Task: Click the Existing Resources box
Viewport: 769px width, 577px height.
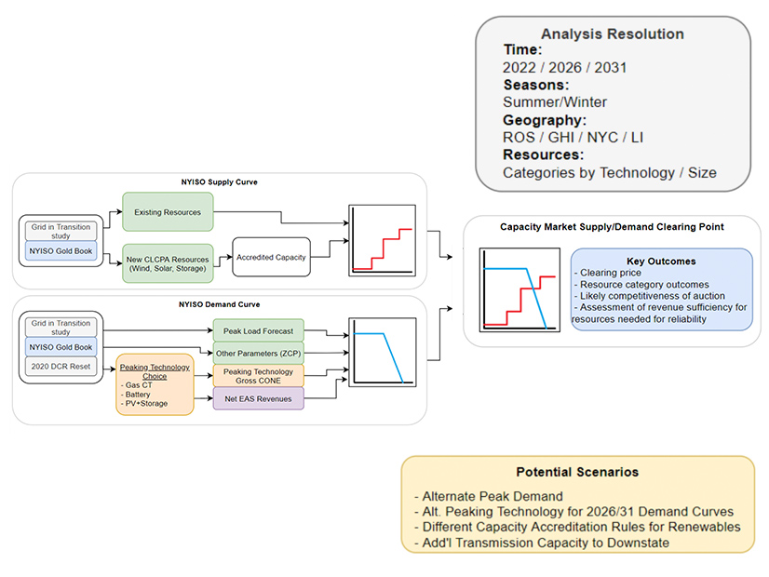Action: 168,212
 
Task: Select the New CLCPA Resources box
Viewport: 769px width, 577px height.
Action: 168,262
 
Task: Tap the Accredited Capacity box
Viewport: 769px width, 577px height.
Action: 271,257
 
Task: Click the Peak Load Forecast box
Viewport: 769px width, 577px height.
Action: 258,331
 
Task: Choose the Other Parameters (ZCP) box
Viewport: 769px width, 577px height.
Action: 258,355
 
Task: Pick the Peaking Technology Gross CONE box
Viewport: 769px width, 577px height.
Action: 258,375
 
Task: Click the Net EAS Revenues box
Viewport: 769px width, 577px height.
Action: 258,400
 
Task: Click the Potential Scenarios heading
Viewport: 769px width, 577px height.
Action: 577,472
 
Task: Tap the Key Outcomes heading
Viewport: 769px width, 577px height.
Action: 662,262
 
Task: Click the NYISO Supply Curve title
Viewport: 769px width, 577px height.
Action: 219,182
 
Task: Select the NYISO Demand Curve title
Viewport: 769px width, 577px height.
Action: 219,304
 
